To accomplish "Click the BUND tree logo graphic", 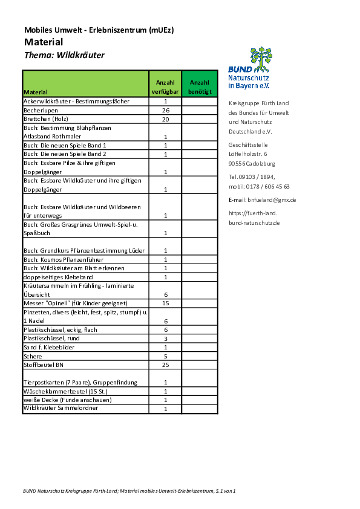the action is tap(261, 59).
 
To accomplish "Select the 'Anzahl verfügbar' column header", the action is tap(165, 87).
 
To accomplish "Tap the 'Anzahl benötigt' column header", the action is tap(200, 87).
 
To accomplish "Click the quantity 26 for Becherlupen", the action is tap(166, 111).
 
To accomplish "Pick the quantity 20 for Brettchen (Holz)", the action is tap(166, 119).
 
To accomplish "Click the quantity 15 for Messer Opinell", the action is tap(166, 303).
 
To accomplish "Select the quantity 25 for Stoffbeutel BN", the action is tap(166, 365).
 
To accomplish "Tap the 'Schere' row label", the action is tap(33, 356).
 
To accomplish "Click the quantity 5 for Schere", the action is tap(166, 356).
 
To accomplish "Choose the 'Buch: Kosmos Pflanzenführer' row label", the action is tap(64, 260).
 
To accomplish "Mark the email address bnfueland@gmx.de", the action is tap(272, 200).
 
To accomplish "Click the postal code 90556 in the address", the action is tap(237, 164).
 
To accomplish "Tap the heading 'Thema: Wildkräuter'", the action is tap(64, 55).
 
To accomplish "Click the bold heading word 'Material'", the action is tap(44, 42).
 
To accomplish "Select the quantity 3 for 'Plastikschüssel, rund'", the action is tap(166, 339).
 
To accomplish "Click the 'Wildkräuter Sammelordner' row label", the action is tap(61, 408).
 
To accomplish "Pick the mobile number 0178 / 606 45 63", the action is tap(267, 187).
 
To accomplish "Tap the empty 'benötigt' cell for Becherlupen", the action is tap(200, 111).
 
